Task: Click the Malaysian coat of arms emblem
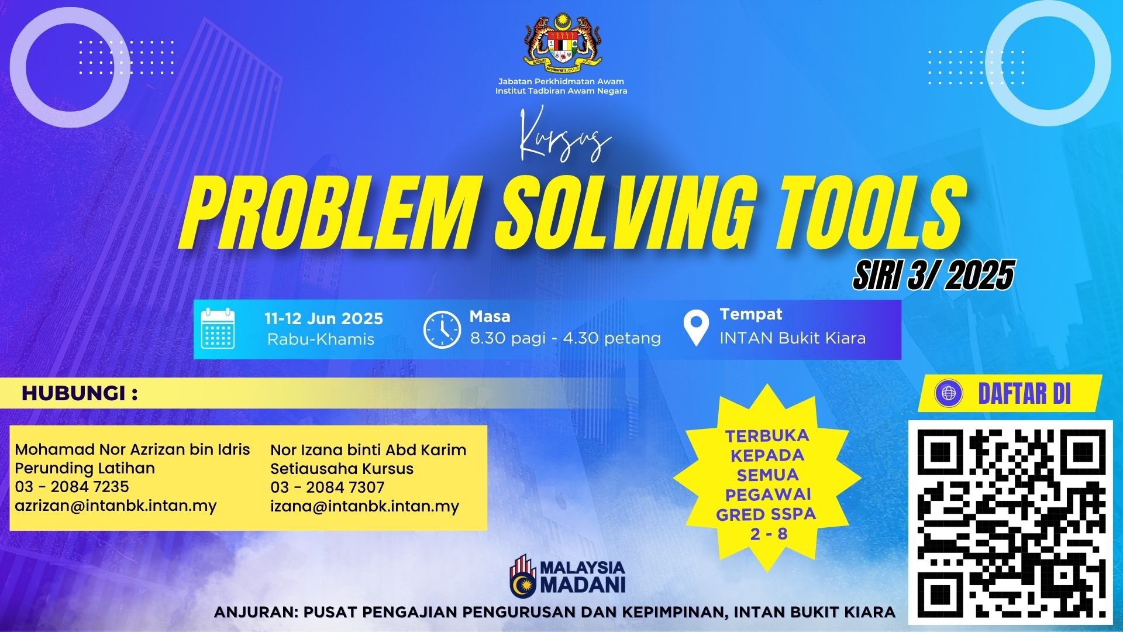(562, 41)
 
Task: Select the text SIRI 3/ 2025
(933, 275)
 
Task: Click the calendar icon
(218, 328)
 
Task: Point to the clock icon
(442, 329)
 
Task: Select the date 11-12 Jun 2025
(323, 319)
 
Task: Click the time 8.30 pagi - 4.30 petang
(565, 338)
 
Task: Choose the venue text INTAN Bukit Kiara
(793, 338)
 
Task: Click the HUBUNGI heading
(80, 394)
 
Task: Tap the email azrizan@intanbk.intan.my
(116, 506)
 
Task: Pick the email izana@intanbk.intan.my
(364, 506)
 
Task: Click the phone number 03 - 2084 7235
(72, 487)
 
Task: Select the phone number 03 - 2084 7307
(328, 487)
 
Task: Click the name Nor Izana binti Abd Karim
(368, 450)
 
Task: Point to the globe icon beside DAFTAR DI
(949, 393)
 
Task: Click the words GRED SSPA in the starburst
(766, 515)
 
